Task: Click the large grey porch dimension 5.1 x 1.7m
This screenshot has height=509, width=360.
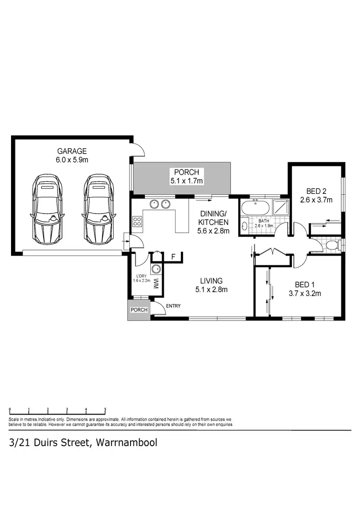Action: (x=187, y=181)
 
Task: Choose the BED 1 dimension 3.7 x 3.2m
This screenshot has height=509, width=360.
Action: (x=304, y=294)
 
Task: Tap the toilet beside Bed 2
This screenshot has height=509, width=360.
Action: (x=330, y=245)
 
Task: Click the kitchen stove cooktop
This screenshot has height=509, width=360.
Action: (x=137, y=222)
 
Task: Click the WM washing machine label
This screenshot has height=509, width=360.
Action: (x=156, y=284)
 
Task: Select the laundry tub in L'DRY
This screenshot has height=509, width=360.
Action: (x=156, y=269)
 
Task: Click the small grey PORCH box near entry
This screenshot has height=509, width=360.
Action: (x=139, y=310)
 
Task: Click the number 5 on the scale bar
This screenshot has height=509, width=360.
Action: (x=105, y=410)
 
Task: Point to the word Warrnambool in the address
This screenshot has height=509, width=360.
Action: (x=127, y=442)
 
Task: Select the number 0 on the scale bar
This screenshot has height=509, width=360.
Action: (x=10, y=410)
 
